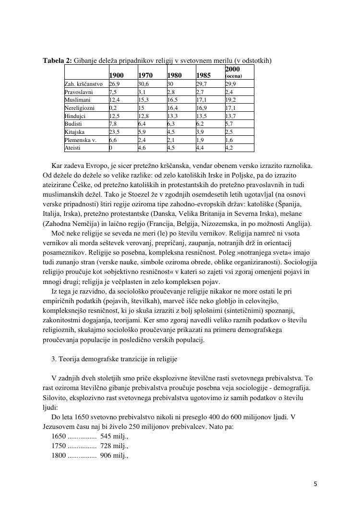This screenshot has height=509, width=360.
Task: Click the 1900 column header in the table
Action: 117,75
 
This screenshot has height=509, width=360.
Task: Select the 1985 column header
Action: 204,75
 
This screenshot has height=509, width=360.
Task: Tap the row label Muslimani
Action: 76,100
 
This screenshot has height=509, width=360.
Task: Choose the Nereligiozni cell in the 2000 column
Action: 230,108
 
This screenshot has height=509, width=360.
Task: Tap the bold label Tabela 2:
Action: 58,60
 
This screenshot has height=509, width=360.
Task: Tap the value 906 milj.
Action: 114,456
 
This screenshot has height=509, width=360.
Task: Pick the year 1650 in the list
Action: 59,437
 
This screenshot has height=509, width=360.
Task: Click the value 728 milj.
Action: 114,446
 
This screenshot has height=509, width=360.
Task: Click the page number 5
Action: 315,484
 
